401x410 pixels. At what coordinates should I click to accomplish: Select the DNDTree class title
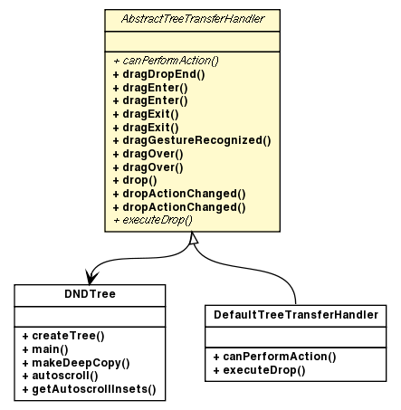pyautogui.click(x=90, y=294)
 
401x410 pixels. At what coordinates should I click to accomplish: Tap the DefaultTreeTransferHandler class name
pyautogui.click(x=297, y=315)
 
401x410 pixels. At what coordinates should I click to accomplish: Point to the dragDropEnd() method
pyautogui.click(x=158, y=73)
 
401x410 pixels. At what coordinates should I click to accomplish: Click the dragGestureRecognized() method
pyautogui.click(x=191, y=140)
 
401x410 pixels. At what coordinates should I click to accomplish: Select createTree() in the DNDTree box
pyautogui.click(x=62, y=335)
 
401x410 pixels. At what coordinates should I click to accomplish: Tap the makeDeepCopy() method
pyautogui.click(x=75, y=362)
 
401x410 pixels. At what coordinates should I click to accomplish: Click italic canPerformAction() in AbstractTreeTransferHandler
pyautogui.click(x=166, y=60)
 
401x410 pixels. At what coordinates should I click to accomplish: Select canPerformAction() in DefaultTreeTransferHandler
pyautogui.click(x=274, y=356)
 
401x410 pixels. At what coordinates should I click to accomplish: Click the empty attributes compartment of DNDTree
pyautogui.click(x=90, y=314)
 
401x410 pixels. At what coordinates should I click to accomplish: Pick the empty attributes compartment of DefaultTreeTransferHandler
pyautogui.click(x=297, y=336)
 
